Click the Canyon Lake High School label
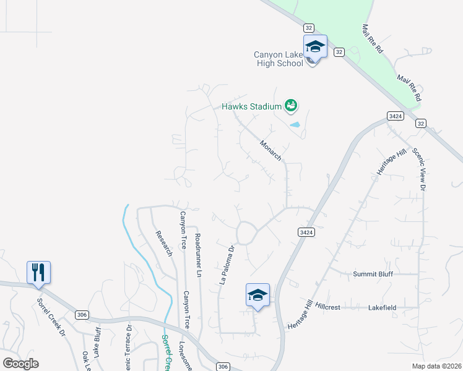point(278,59)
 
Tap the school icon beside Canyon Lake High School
point(314,47)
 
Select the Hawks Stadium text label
point(252,106)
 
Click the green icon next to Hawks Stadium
point(291,106)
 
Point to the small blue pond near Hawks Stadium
point(295,125)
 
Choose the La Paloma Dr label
point(227,265)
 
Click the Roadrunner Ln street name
point(198,254)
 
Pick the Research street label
point(163,244)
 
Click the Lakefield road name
point(382,307)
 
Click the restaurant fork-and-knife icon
point(38,272)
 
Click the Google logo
point(20,363)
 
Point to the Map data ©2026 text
point(436,366)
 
